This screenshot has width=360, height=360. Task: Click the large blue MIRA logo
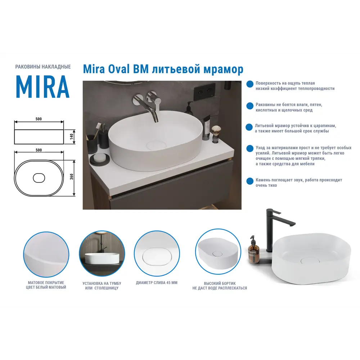click(42, 87)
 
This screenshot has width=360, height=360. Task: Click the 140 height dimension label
click(72, 136)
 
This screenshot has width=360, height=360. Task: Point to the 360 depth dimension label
click(72, 177)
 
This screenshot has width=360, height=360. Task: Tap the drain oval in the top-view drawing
click(39, 177)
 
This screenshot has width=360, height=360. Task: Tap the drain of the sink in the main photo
click(156, 145)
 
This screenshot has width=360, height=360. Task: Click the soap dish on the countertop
click(100, 158)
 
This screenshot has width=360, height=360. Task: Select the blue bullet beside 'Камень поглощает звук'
click(249, 181)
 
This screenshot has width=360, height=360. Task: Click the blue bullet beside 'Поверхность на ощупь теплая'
click(249, 84)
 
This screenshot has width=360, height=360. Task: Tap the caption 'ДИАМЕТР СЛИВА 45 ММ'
click(157, 283)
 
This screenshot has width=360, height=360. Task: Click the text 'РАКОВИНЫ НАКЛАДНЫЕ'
click(43, 67)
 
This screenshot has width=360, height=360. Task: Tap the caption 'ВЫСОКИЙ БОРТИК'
click(220, 283)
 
